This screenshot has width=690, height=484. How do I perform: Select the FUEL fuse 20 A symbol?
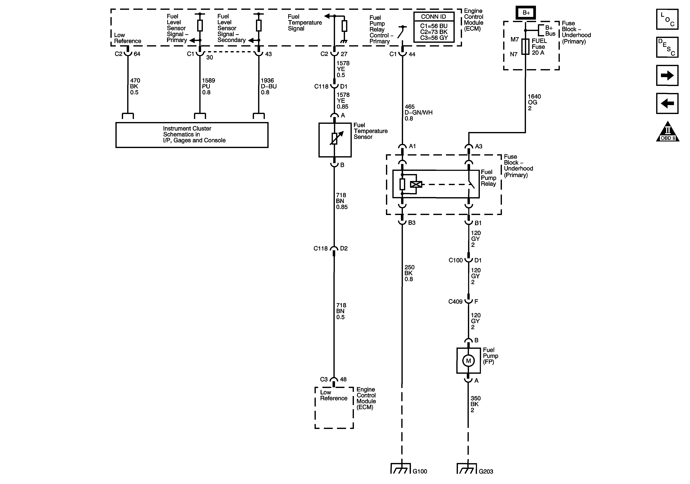(x=525, y=47)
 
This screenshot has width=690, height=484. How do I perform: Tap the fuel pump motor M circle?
(x=468, y=361)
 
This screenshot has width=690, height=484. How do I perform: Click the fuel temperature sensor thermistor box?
(x=335, y=140)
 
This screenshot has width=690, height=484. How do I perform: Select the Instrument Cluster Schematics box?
(x=192, y=135)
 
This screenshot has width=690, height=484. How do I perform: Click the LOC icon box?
(x=667, y=19)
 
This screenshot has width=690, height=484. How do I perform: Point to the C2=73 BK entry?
(x=434, y=32)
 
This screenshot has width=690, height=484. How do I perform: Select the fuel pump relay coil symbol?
(x=416, y=184)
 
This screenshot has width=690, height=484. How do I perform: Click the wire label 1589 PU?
(x=208, y=86)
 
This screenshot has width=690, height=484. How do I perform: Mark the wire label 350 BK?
(x=475, y=404)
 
